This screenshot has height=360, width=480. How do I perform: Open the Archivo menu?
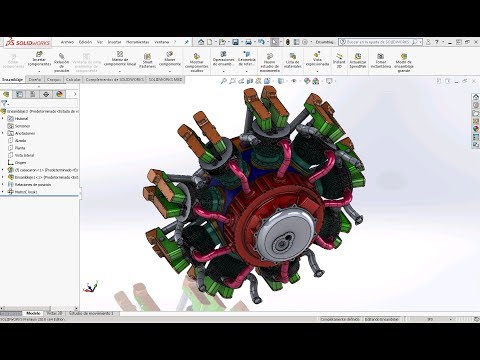click(67, 42)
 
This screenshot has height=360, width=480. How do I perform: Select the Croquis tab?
click(53, 79)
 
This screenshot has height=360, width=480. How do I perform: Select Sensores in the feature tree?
click(23, 126)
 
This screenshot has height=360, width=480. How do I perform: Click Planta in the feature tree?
click(21, 147)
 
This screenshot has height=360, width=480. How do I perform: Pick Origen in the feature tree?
click(20, 162)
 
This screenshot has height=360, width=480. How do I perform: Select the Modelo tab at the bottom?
click(32, 312)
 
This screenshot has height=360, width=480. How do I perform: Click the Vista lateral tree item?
click(25, 155)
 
